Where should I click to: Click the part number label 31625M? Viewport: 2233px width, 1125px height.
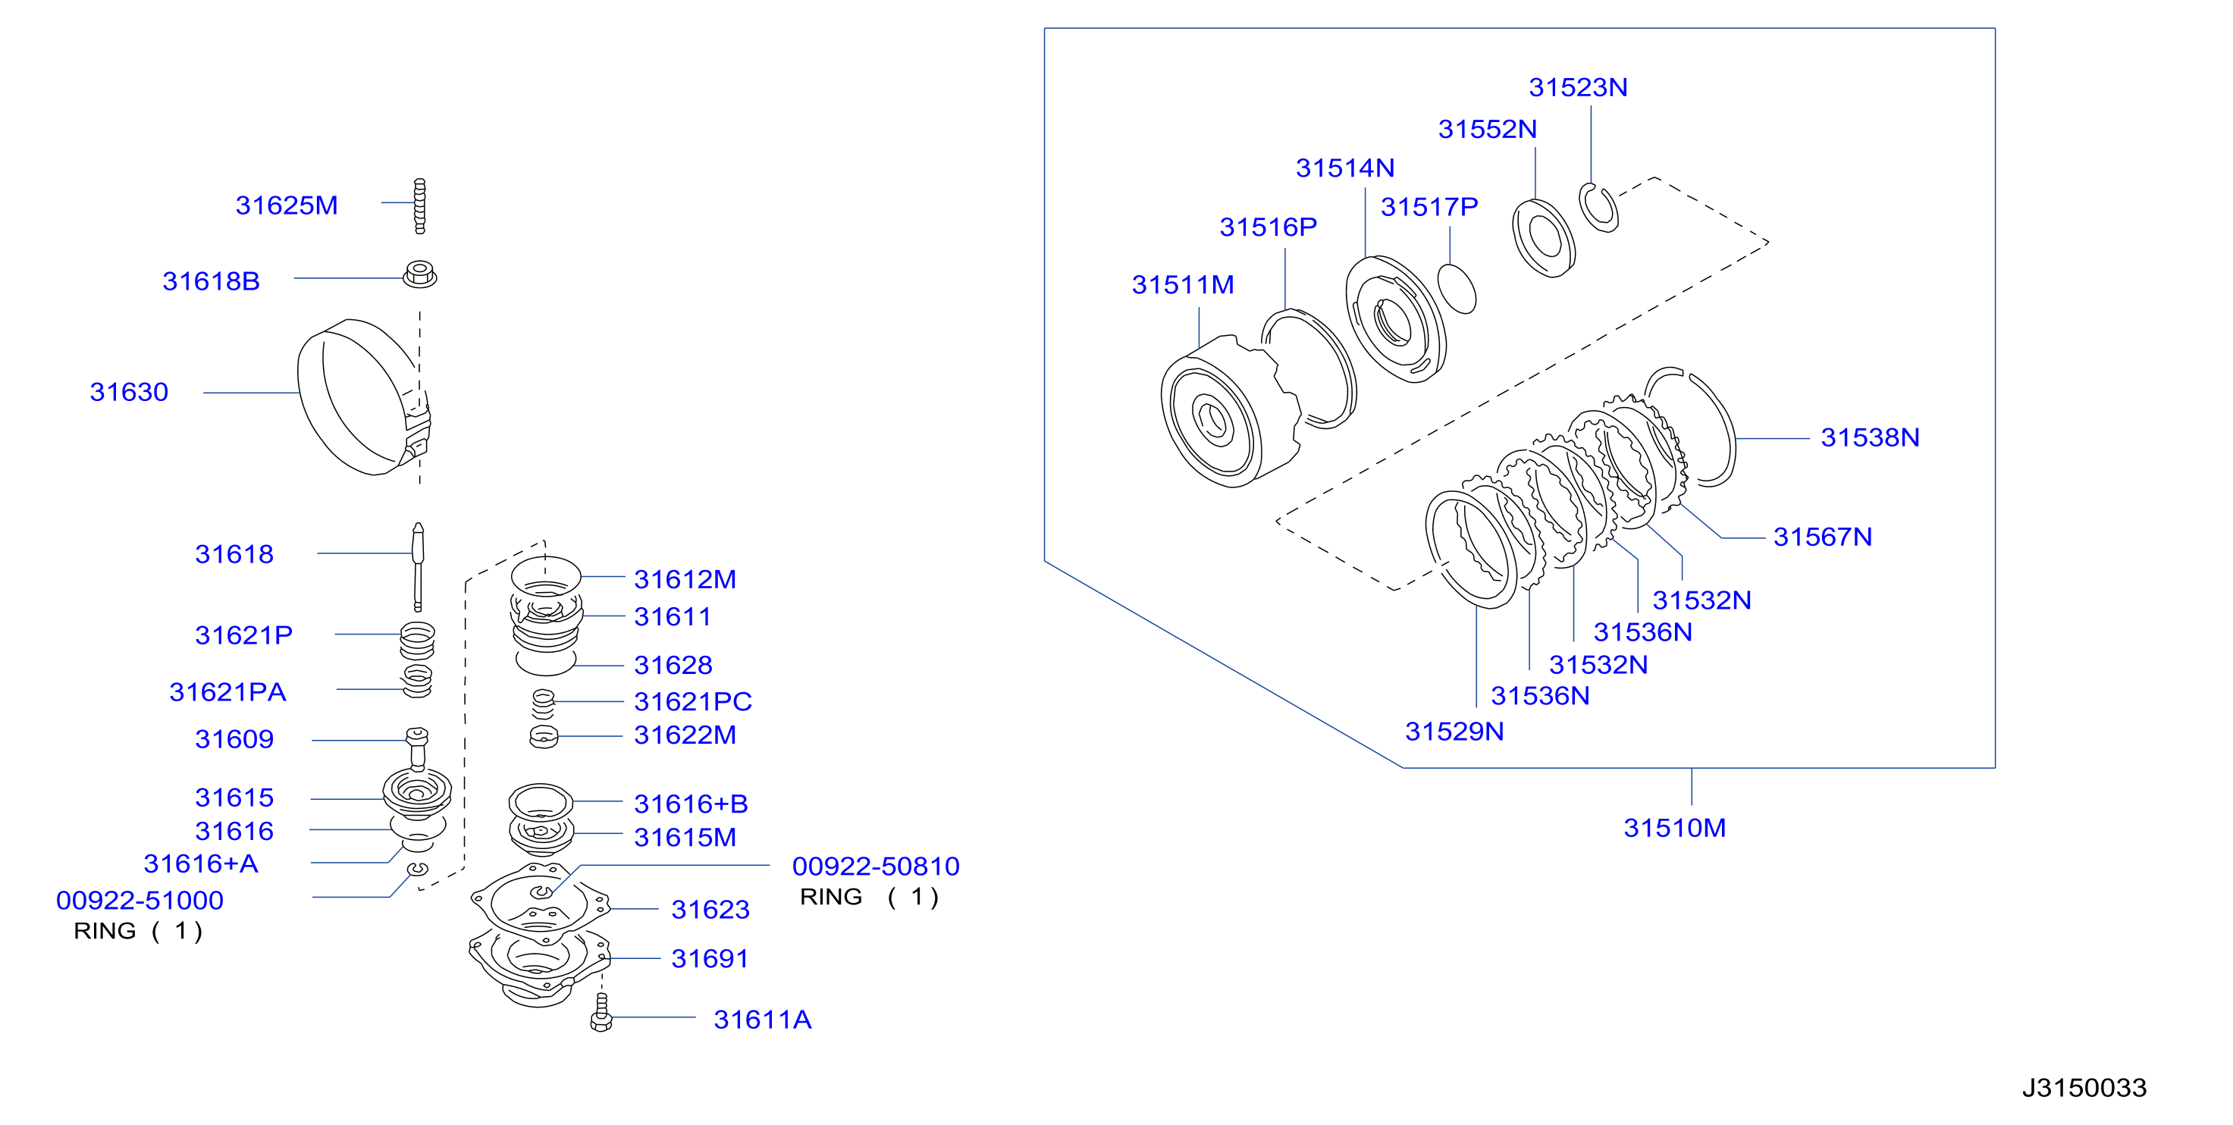tap(286, 205)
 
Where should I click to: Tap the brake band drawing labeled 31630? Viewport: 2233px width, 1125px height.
tap(312, 399)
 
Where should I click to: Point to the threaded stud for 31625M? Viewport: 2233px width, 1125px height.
tap(419, 206)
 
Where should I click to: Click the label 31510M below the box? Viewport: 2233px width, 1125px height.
tap(1674, 828)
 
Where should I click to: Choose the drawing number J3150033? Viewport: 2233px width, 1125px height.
tap(2084, 1088)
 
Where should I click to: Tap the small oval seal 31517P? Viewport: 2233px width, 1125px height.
tap(1457, 289)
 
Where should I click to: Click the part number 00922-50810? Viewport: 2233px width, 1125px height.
tap(876, 866)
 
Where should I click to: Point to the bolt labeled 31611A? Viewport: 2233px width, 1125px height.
tap(601, 1012)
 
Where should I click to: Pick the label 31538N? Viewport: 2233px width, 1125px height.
tap(1870, 437)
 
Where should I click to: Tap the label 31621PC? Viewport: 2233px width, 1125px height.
tap(692, 701)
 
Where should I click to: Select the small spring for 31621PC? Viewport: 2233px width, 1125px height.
tap(544, 704)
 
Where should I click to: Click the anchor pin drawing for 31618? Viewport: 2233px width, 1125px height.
tap(418, 567)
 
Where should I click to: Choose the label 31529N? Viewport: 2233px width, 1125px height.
tap(1454, 732)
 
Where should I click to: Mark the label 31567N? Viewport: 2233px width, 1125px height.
tap(1822, 537)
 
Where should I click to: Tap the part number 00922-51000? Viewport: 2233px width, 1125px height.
tap(140, 901)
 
